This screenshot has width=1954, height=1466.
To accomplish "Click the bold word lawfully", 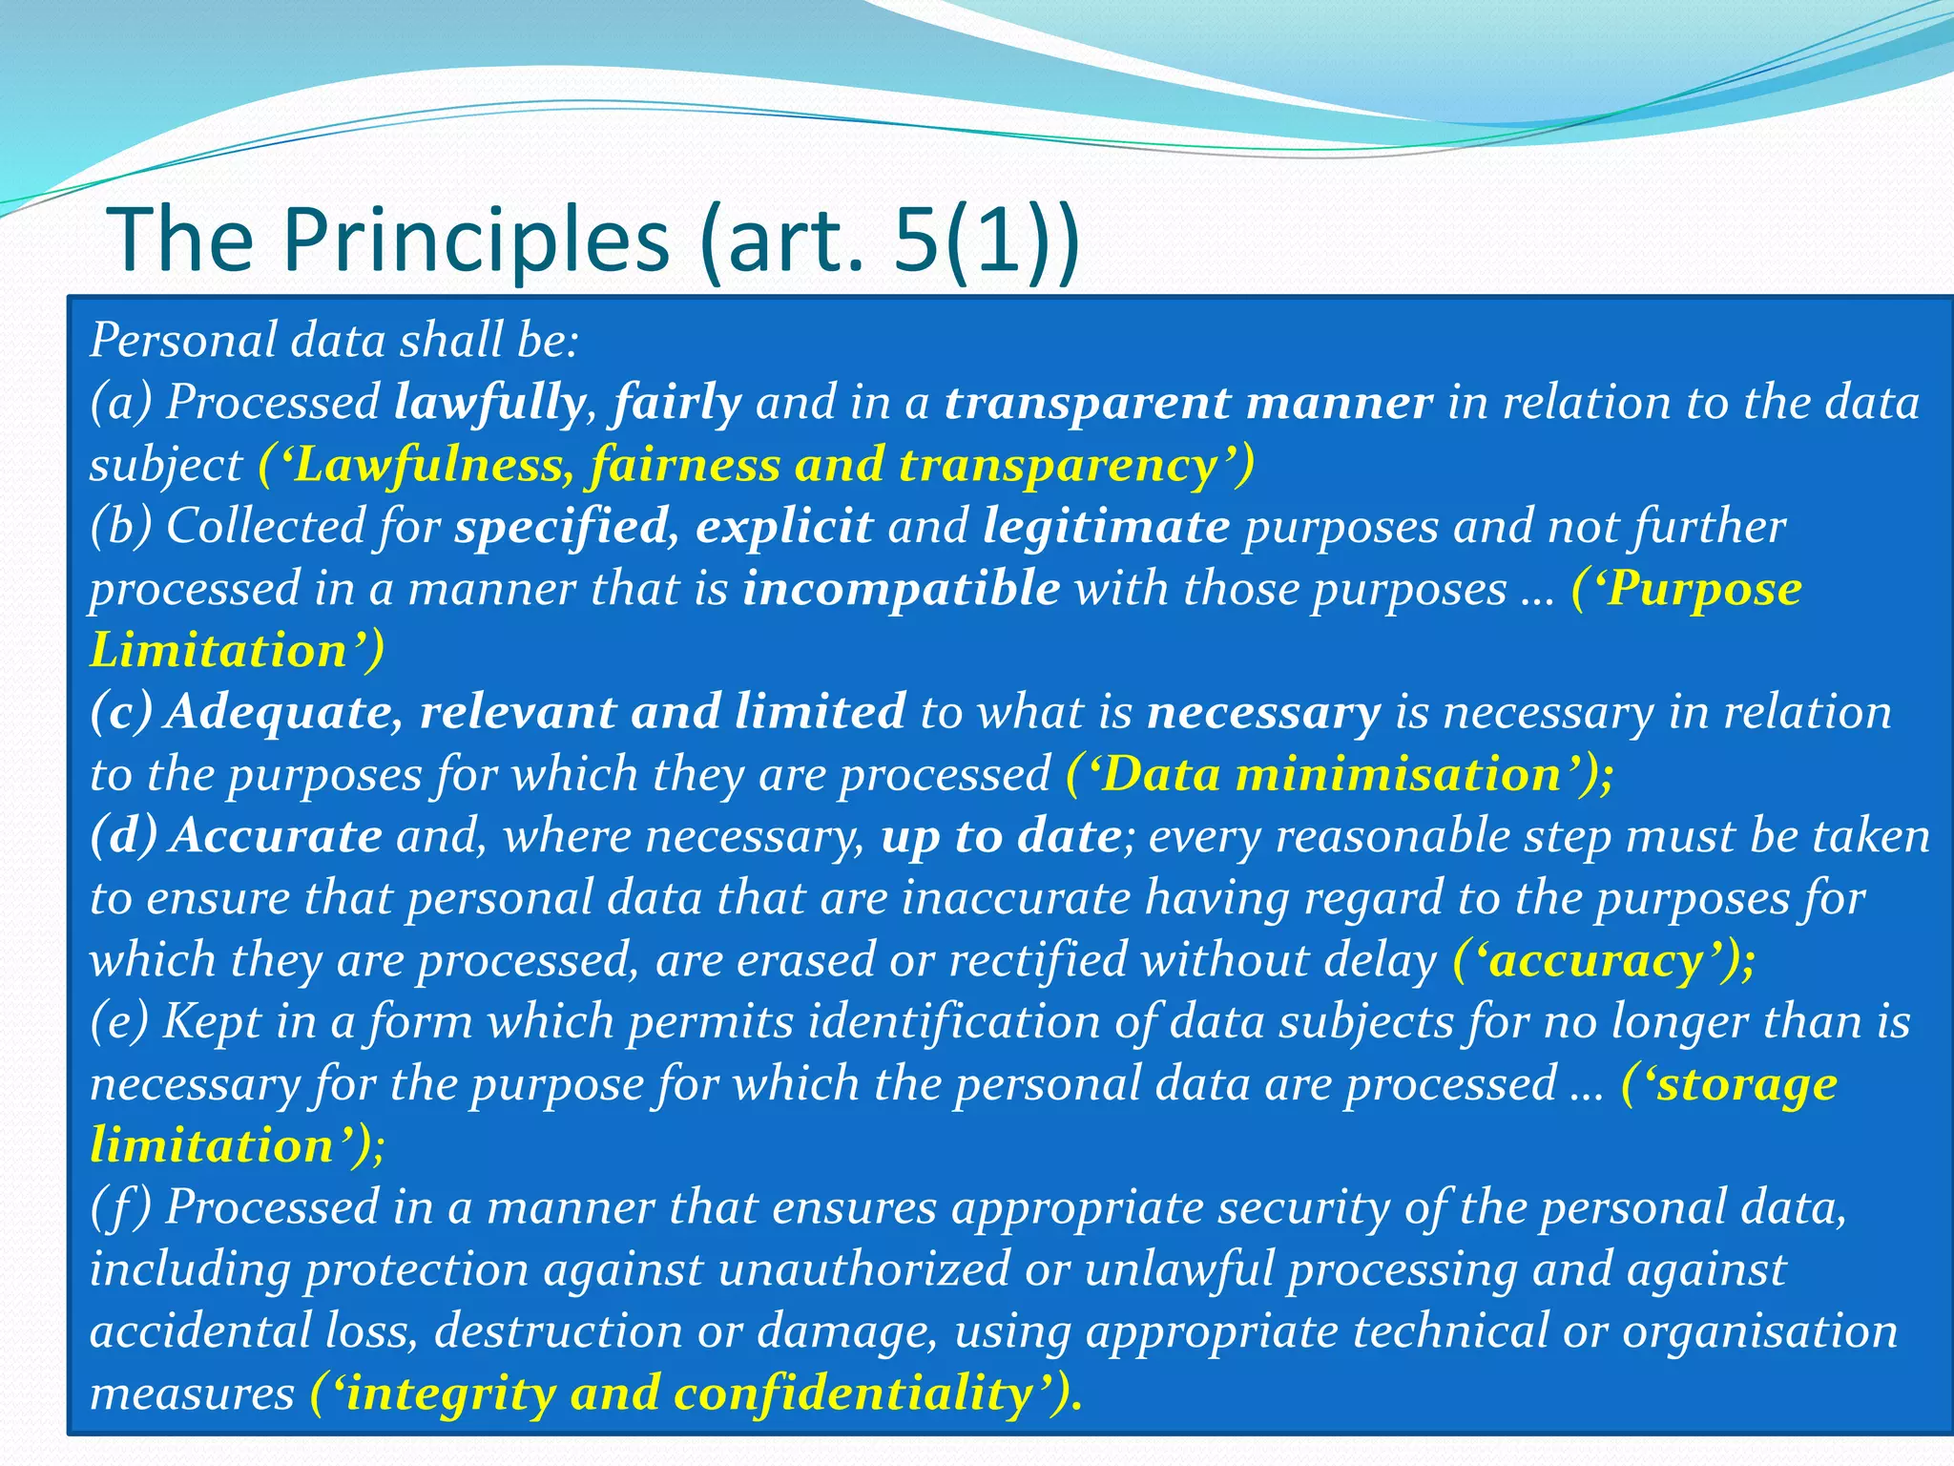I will click(489, 403).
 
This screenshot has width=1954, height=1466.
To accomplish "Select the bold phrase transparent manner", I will click(1188, 403).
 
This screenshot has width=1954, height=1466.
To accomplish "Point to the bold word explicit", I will click(783, 527).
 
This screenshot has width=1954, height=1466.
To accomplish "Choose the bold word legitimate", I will click(1106, 527).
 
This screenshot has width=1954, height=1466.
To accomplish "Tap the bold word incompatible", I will click(901, 589).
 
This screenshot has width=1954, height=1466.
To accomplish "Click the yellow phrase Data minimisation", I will click(1331, 774).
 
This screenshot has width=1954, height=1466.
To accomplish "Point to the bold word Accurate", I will click(277, 836).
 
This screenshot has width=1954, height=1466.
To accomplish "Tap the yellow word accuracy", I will click(1595, 960).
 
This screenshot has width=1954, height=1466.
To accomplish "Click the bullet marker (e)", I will click(119, 1022).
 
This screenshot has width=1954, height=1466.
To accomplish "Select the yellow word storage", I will click(1745, 1084).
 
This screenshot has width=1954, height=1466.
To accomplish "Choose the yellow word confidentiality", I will click(853, 1393).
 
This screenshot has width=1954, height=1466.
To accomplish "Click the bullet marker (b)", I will click(121, 527).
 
